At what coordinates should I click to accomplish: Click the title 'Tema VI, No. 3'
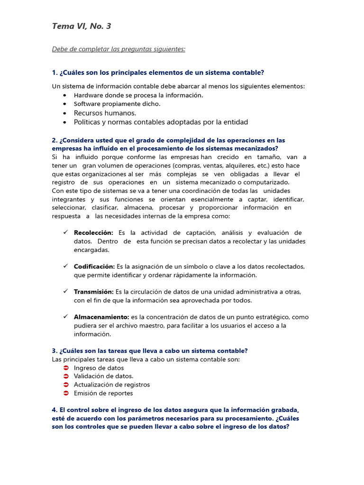click(82, 27)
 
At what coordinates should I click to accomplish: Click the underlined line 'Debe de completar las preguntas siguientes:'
click(118, 49)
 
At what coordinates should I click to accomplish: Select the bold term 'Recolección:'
click(93, 233)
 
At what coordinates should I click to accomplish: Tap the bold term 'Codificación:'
click(94, 266)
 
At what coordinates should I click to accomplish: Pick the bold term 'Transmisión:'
click(93, 292)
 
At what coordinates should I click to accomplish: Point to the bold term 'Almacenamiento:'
click(101, 317)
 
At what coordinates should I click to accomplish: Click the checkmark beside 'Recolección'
click(65, 233)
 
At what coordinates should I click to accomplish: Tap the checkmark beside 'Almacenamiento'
click(65, 316)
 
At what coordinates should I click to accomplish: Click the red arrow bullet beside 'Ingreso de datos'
click(65, 368)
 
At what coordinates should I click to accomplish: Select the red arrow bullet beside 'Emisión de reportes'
click(65, 393)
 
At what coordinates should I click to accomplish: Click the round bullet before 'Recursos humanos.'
click(64, 113)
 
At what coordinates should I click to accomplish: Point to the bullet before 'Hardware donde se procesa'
click(64, 95)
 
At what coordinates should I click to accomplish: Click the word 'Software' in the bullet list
click(87, 104)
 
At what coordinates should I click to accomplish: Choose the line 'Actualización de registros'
click(111, 385)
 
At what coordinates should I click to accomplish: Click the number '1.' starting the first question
click(55, 72)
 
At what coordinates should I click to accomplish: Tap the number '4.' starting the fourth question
click(55, 410)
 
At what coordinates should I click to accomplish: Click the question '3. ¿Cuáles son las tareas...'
click(150, 351)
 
